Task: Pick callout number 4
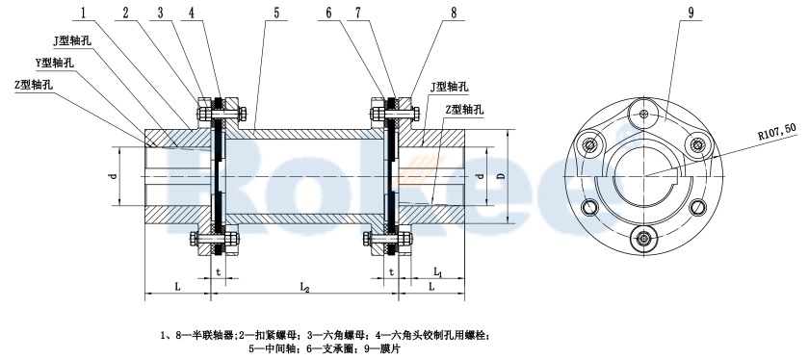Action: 193,13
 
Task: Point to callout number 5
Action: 248,13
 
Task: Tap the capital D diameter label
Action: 499,176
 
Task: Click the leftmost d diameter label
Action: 112,176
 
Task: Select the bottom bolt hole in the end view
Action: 641,237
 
